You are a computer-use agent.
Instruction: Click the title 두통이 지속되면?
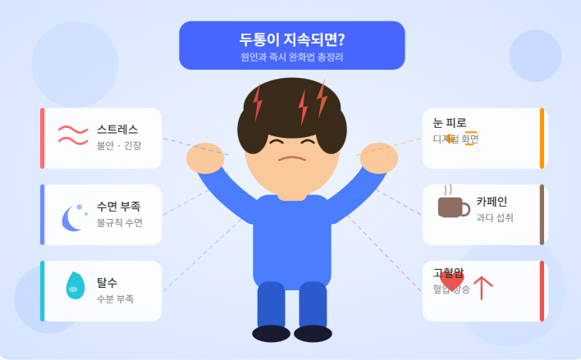(x=291, y=40)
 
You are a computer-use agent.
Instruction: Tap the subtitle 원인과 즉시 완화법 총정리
(x=291, y=58)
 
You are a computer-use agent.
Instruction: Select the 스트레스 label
(x=117, y=130)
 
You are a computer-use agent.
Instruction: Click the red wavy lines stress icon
(x=72, y=134)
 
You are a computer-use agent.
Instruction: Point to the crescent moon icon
(x=73, y=217)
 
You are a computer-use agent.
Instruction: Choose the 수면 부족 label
(x=118, y=206)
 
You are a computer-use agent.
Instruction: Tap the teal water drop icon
(x=75, y=285)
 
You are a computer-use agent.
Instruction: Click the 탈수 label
(x=107, y=282)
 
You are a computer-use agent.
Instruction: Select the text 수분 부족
(x=115, y=299)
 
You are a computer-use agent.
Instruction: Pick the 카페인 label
(x=492, y=201)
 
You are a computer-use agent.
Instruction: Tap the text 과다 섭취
(x=495, y=218)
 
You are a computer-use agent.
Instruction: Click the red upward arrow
(x=483, y=287)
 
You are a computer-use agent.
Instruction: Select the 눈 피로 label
(x=449, y=123)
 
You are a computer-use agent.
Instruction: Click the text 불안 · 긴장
(x=119, y=146)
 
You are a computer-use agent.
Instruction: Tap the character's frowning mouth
(x=291, y=158)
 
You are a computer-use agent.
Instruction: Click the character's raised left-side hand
(x=204, y=157)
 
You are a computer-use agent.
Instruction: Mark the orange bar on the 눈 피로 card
(x=542, y=139)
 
